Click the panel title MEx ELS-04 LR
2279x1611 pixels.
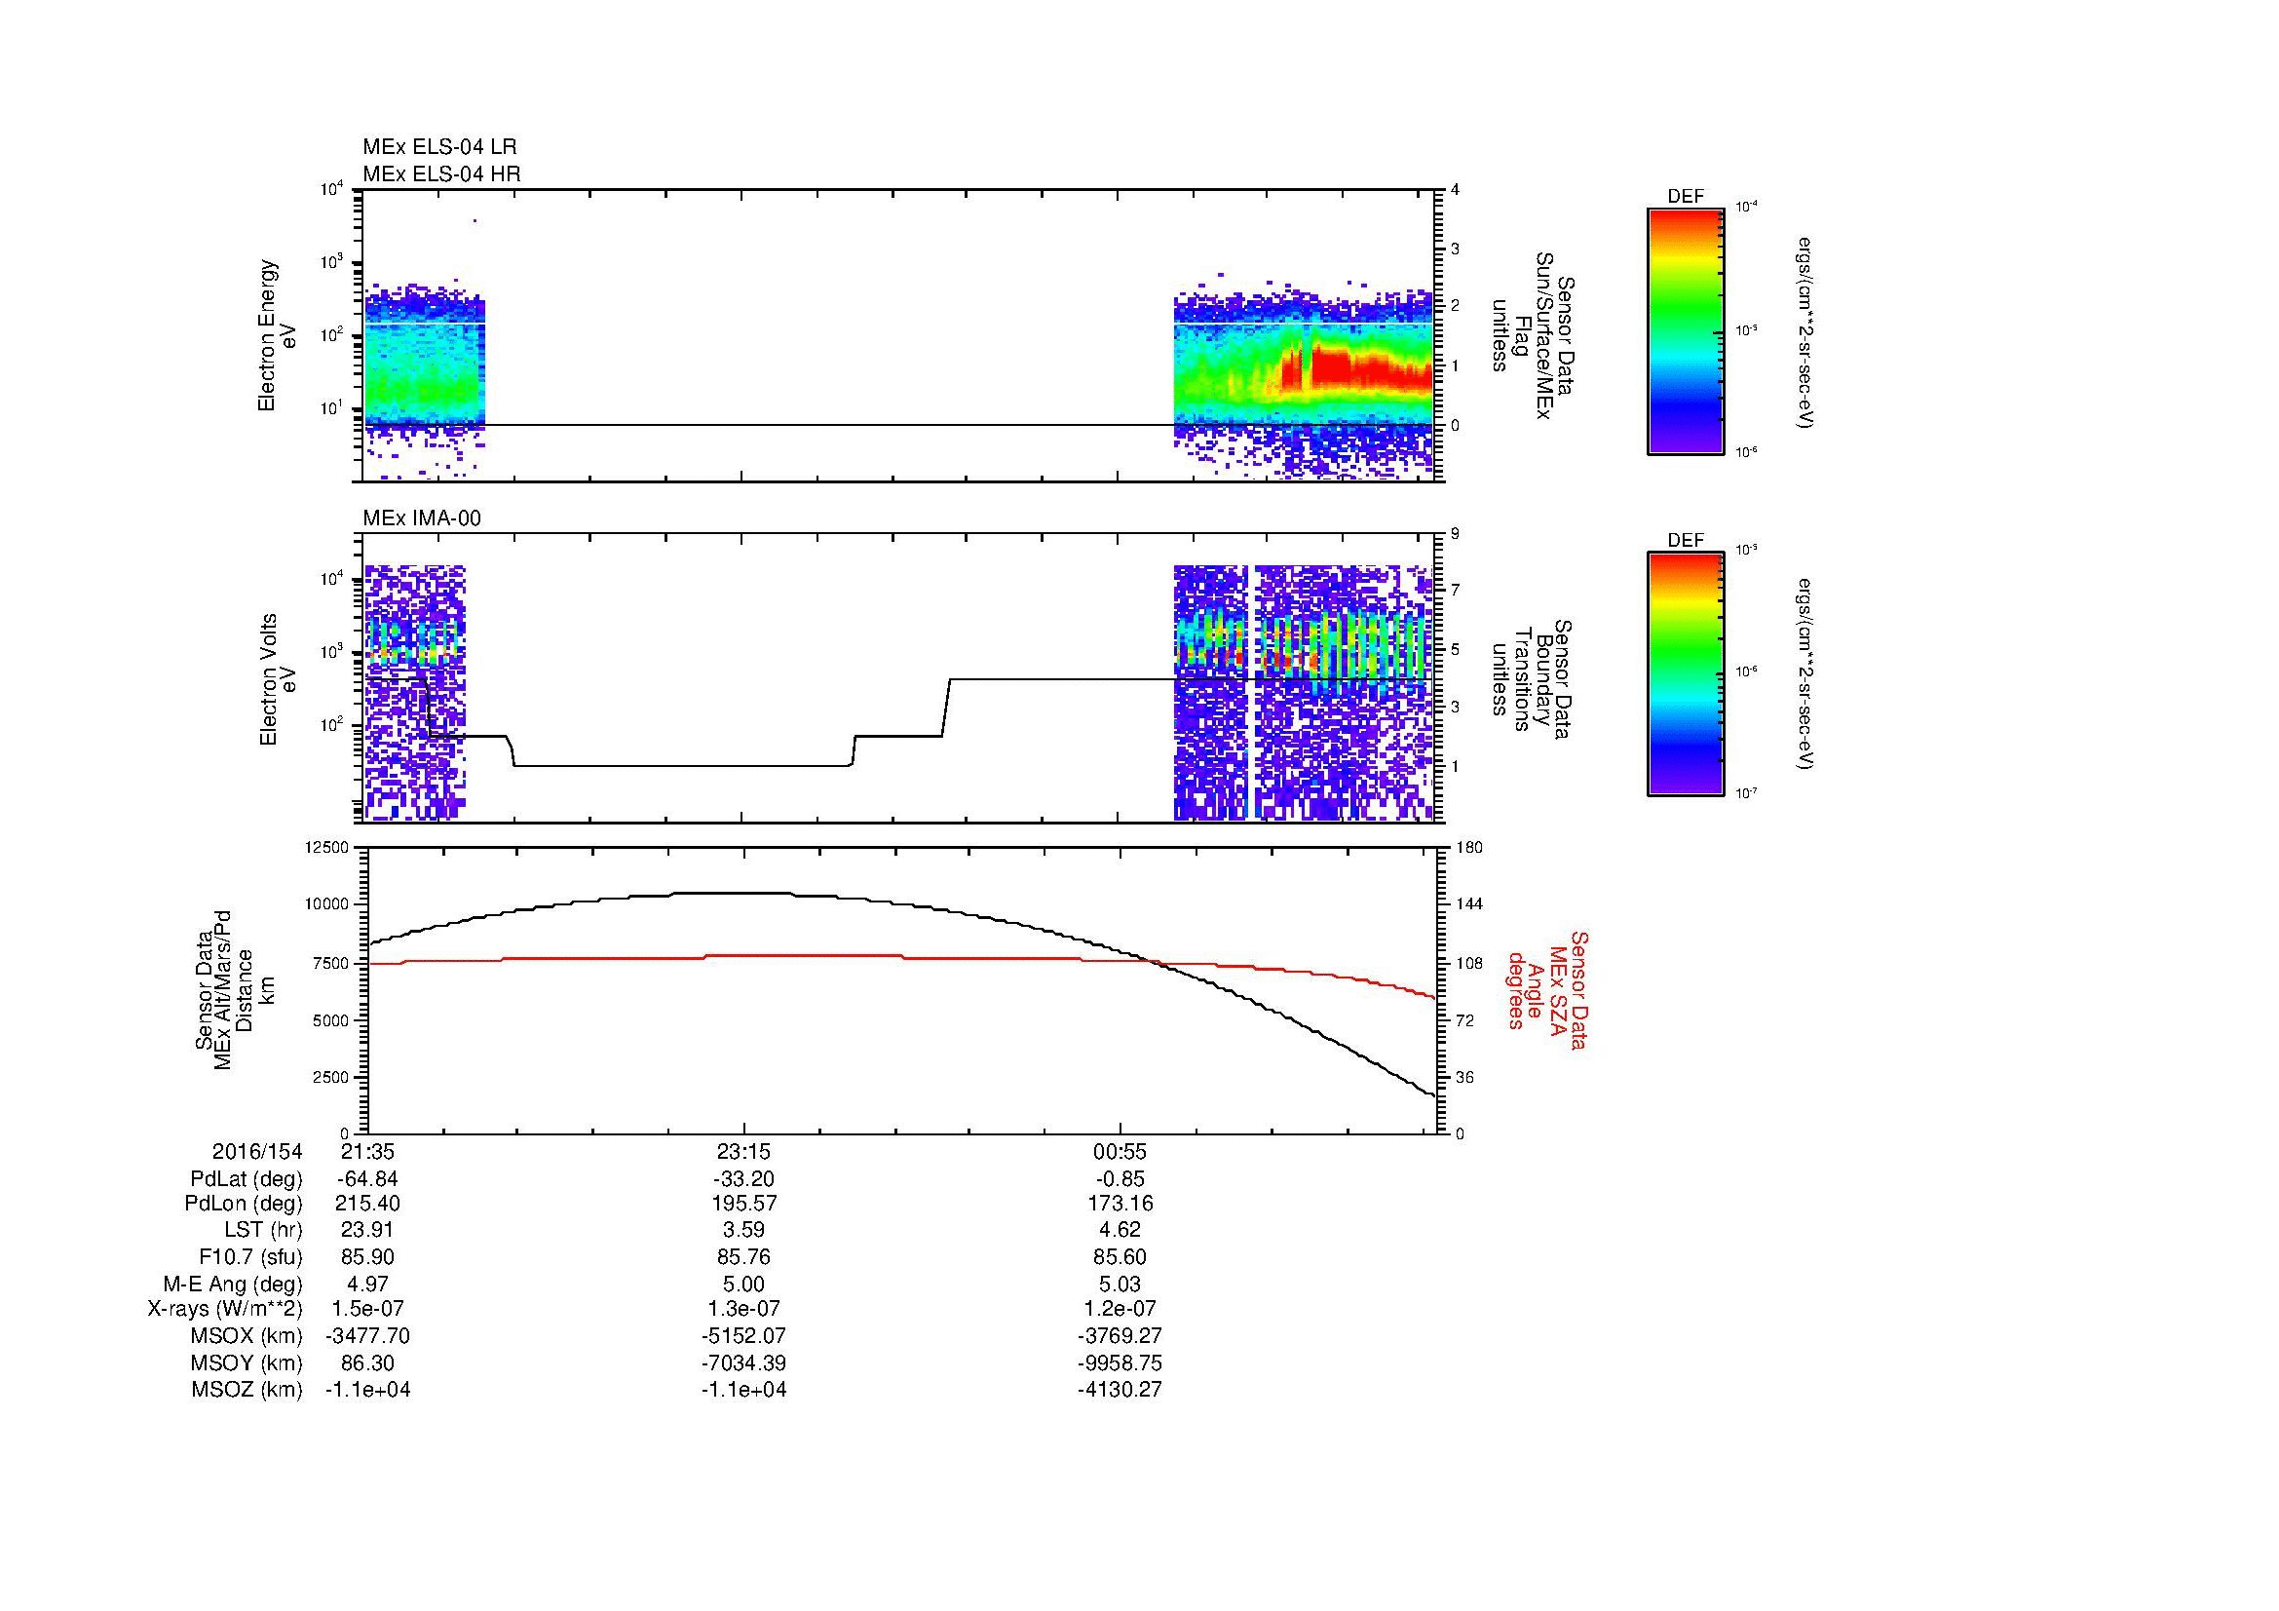439,147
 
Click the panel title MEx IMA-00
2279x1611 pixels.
422,518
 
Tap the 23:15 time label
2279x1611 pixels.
743,1152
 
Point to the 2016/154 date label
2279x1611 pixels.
257,1152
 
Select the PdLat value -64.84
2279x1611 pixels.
367,1179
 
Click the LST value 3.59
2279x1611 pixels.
743,1229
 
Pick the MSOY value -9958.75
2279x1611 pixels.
1120,1362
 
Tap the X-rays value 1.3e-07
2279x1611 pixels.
743,1309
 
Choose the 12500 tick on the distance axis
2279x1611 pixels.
327,848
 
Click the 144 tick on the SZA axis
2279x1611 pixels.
1468,904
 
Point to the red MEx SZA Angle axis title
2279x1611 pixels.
1547,989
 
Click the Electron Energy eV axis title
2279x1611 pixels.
278,335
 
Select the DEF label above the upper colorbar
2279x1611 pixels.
1686,198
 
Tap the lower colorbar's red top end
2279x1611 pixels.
1686,559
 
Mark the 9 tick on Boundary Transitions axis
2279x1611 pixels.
1454,534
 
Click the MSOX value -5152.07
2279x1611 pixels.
743,1336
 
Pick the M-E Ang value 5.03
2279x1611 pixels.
1120,1283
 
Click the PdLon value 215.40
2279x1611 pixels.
367,1203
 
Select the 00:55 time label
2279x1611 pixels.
1120,1152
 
